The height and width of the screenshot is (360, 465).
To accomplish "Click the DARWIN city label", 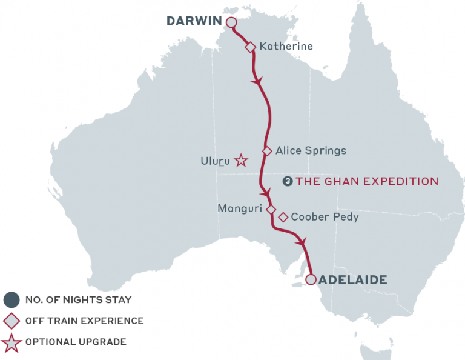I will (194, 22).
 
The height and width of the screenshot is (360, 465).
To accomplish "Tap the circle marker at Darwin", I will (231, 22).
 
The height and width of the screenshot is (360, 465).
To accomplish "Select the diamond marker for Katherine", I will (250, 47).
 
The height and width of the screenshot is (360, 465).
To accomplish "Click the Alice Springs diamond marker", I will (266, 151).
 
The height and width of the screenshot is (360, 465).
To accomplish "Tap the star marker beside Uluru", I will (241, 161).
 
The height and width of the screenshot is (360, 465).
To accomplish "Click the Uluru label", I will (215, 161).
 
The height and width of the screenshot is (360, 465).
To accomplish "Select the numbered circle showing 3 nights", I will (288, 181).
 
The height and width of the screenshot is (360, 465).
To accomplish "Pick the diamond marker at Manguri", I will (271, 209).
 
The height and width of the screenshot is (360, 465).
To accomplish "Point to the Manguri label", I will (240, 208).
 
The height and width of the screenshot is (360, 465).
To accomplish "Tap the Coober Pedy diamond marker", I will (283, 217).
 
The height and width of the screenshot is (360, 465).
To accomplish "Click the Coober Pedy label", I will (325, 217).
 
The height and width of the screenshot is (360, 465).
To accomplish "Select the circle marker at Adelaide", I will (311, 279).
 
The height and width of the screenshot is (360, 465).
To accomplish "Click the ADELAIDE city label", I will (352, 280).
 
